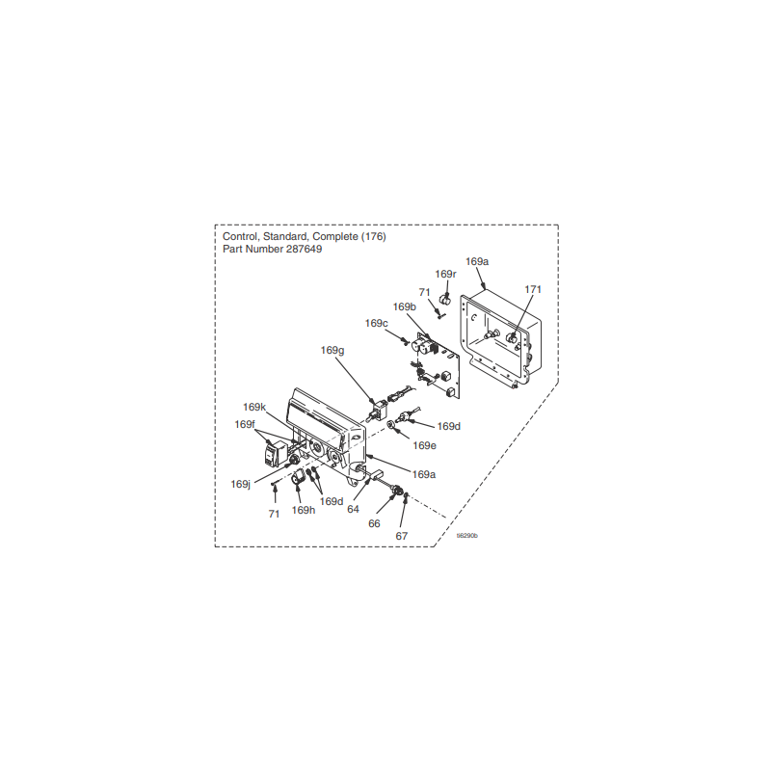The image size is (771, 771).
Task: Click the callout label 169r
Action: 445,274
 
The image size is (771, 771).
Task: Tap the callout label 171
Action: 533,289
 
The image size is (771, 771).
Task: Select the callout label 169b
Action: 404,306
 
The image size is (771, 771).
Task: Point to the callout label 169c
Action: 376,323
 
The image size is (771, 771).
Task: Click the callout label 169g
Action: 332,350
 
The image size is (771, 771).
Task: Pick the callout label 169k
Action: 254,407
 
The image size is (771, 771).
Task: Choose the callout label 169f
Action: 245,424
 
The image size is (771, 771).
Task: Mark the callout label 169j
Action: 241,484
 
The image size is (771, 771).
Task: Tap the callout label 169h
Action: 304,510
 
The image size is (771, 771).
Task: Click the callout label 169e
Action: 424,445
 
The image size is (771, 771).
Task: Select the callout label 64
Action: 354,509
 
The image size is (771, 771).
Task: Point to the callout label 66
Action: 374,523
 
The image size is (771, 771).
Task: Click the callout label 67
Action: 402,536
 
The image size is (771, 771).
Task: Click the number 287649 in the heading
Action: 304,249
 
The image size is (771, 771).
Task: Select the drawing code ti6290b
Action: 467,536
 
